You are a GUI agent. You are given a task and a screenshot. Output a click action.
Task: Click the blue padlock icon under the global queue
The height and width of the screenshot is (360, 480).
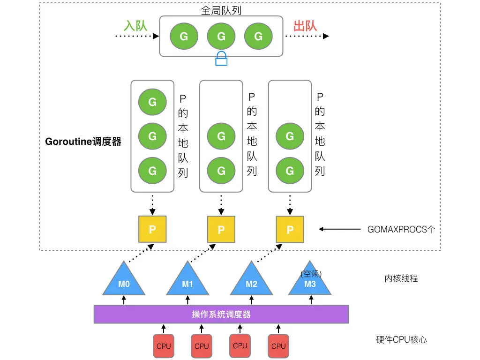pos(221,59)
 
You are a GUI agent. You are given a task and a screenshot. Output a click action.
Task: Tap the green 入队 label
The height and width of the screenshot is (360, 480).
pos(135,25)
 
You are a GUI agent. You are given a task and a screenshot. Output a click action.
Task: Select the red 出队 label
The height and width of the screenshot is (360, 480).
pos(305,25)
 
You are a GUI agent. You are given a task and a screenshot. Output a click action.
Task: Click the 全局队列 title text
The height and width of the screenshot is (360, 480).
pos(221,10)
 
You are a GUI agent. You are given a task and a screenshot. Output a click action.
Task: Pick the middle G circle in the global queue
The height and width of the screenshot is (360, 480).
pos(221,36)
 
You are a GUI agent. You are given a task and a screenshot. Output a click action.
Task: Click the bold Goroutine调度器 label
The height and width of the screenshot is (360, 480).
pos(83,141)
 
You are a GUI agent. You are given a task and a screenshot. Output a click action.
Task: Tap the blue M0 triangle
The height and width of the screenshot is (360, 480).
pos(124,281)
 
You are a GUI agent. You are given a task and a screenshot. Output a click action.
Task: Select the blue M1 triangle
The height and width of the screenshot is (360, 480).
pos(187,281)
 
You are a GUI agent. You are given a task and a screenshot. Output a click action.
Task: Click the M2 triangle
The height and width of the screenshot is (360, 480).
pos(251,281)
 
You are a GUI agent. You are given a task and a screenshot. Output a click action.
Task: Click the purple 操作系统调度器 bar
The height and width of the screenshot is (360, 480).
pos(221,314)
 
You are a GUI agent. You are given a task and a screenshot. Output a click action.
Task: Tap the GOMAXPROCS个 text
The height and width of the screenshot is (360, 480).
pos(401,230)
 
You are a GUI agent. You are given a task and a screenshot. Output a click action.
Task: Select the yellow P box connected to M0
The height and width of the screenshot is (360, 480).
pos(152,229)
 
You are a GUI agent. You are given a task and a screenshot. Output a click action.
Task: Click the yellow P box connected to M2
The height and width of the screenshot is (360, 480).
pos(290,229)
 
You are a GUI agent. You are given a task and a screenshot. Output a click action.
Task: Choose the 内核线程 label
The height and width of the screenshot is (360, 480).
pos(401,278)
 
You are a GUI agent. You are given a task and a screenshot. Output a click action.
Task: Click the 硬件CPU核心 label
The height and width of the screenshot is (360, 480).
pos(401,340)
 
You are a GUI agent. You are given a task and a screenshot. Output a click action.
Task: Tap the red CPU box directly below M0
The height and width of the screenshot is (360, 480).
pos(164,346)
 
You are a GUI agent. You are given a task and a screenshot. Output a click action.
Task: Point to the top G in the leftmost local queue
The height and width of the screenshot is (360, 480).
pos(152,101)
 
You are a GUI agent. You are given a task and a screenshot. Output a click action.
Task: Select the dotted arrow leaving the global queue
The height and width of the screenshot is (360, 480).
pos(307,36)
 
